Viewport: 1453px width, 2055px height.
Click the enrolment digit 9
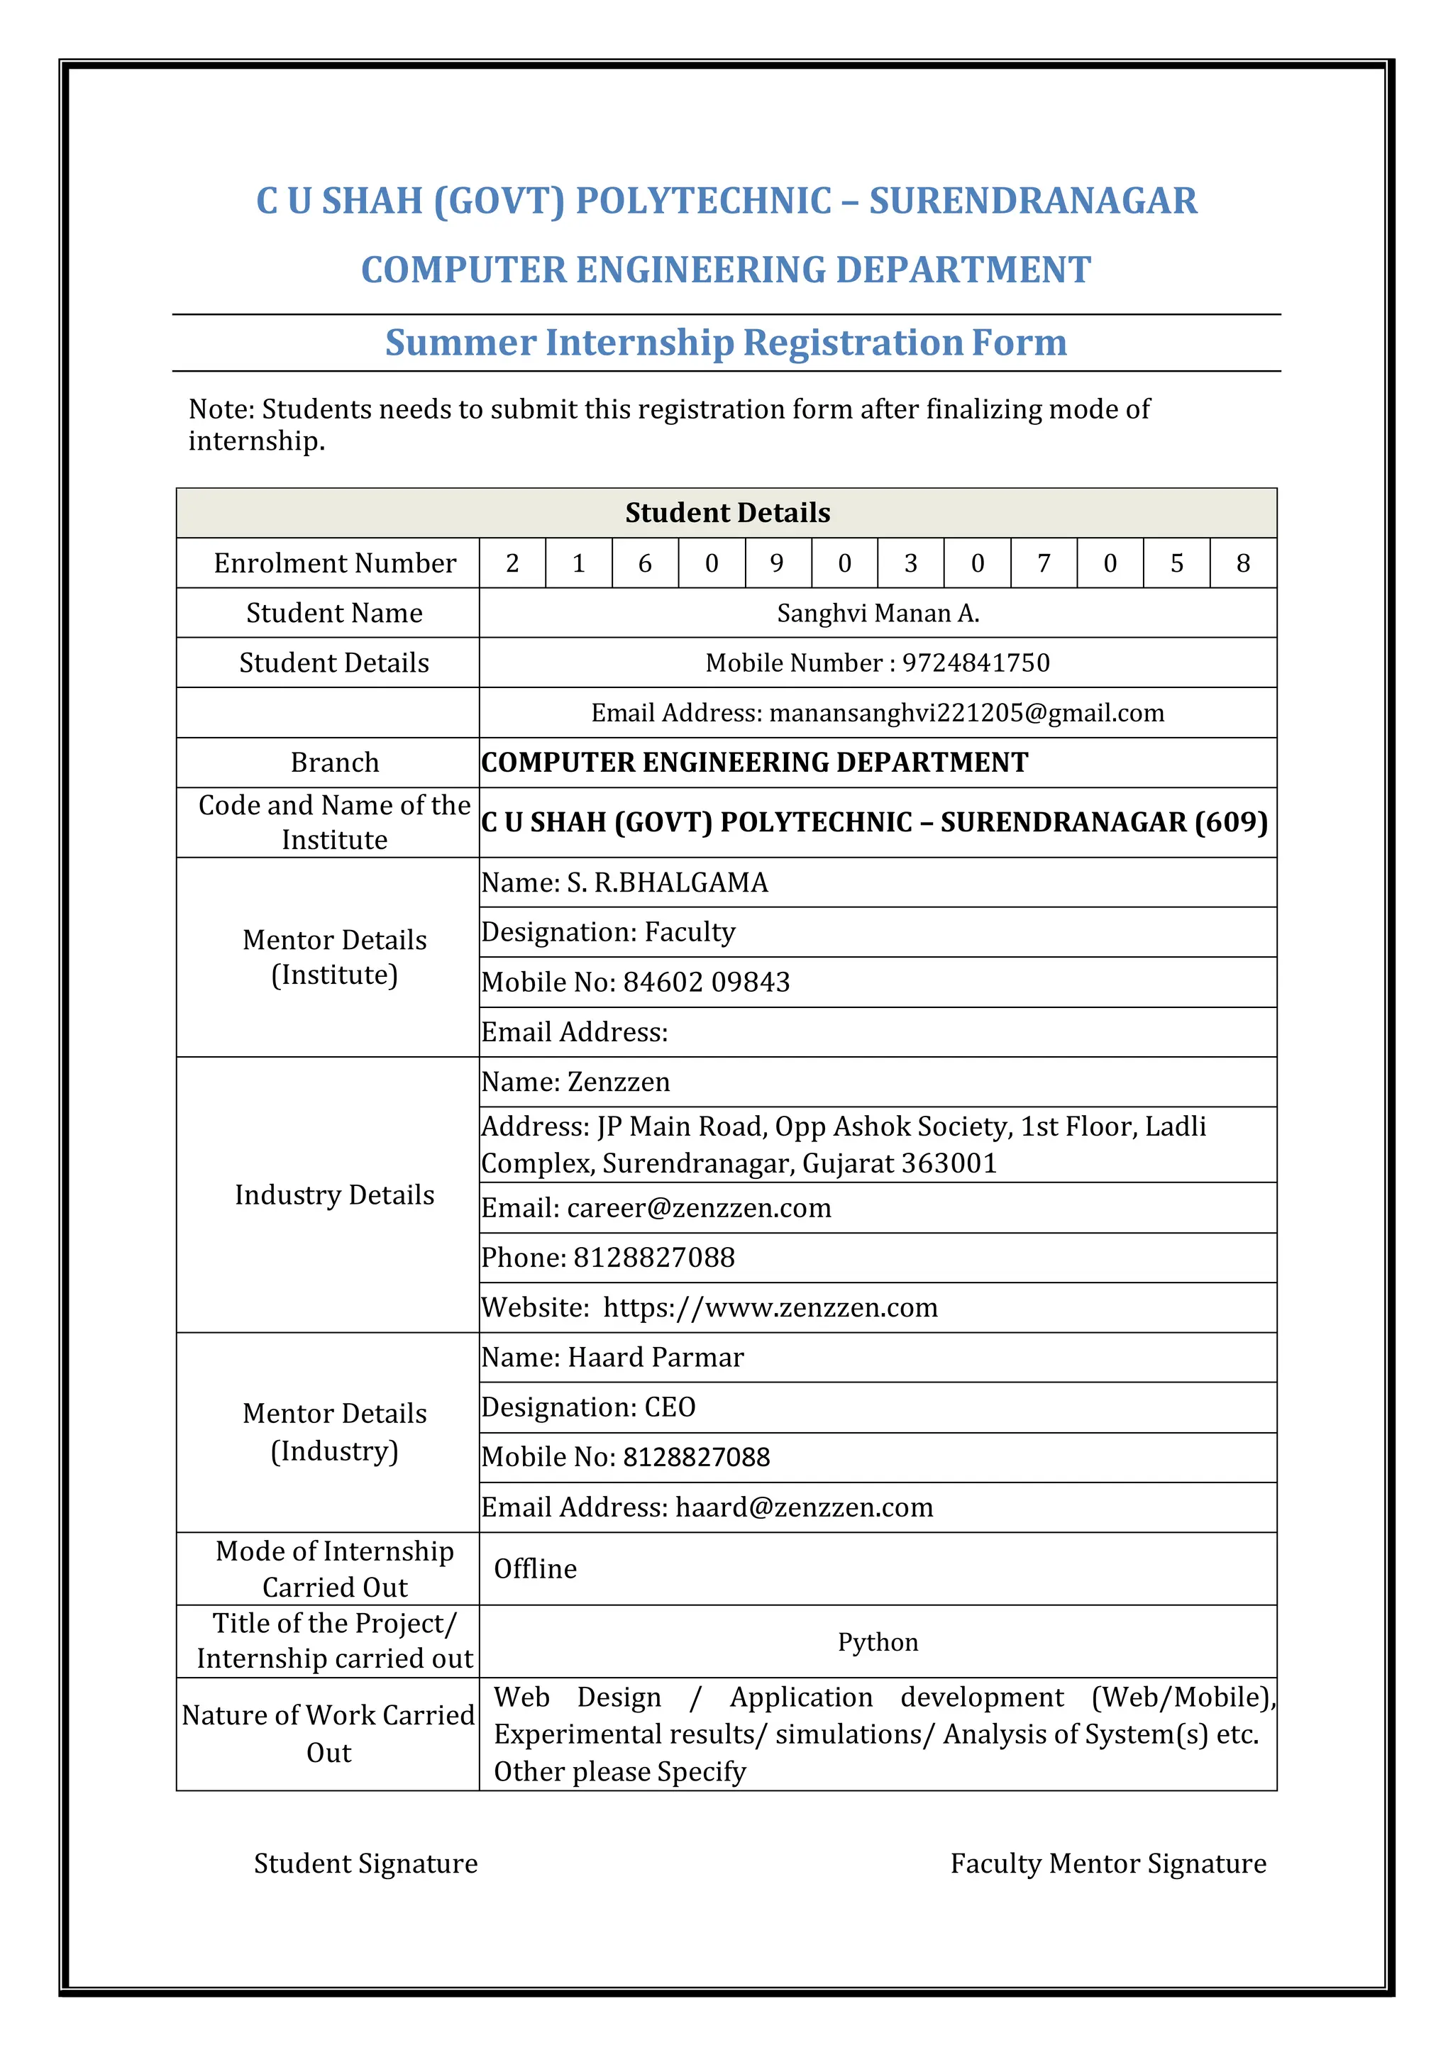776,563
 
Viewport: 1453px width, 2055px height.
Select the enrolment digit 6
645,563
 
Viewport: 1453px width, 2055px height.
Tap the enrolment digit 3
910,563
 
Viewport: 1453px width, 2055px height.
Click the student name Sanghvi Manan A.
878,613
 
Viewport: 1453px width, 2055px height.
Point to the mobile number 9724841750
975,663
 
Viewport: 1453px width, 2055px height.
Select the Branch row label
335,763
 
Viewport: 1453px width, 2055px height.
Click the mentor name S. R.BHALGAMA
667,882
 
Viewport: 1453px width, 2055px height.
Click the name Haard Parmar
656,1357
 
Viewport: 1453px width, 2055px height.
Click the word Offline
536,1568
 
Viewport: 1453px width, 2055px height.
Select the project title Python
878,1641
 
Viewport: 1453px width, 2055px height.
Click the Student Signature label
365,1863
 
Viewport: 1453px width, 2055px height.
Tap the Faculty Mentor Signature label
1107,1863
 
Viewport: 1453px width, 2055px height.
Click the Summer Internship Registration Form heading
726,343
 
